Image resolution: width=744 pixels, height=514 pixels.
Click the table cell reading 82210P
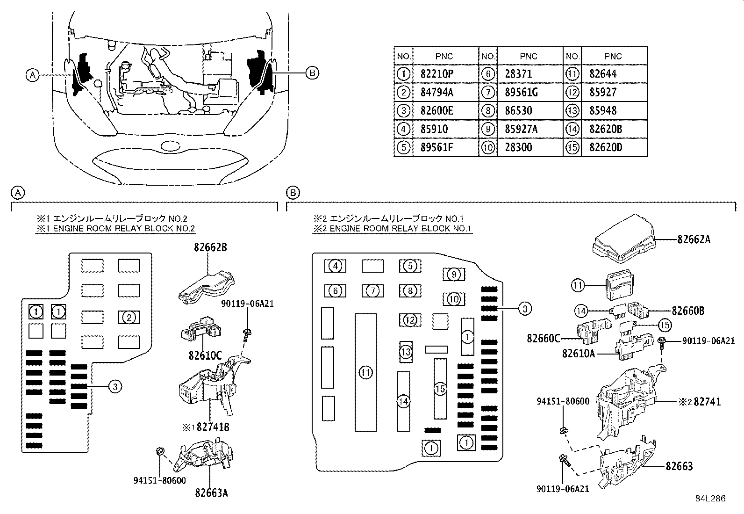coord(436,74)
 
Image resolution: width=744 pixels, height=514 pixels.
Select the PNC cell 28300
coord(518,148)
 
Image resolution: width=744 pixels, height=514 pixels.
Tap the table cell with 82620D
coord(606,148)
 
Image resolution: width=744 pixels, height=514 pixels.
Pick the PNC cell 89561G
coord(521,93)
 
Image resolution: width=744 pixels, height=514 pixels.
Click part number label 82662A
coord(694,239)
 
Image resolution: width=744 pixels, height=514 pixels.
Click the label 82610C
coord(205,355)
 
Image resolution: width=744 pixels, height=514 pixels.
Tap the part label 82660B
coord(688,311)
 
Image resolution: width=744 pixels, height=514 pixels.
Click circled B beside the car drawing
coord(312,72)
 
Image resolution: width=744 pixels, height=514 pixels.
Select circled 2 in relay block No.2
coord(129,318)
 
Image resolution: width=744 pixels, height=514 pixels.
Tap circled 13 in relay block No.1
coord(406,351)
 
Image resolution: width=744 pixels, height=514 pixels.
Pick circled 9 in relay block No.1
coord(453,275)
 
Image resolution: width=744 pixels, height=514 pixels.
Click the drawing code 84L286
coord(710,499)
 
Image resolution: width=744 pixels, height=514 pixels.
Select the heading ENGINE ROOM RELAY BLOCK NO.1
coord(393,229)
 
